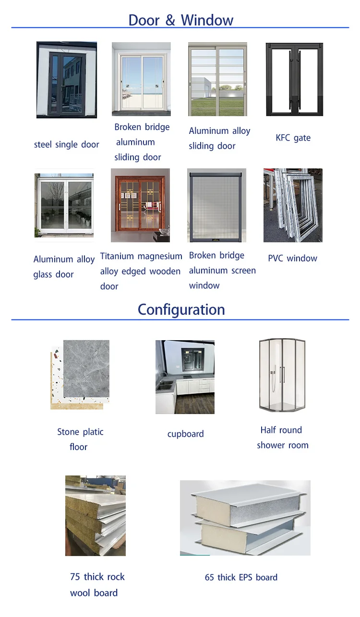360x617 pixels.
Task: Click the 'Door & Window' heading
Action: click(180, 20)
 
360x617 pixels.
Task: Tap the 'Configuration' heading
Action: click(181, 309)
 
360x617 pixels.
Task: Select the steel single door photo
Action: click(67, 80)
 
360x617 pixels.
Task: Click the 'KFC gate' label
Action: click(293, 138)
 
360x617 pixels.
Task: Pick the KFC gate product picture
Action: click(294, 80)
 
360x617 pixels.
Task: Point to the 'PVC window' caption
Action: click(292, 258)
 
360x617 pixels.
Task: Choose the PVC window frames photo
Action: click(293, 205)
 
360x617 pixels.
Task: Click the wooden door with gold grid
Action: click(140, 205)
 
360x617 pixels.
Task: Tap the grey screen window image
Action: click(216, 205)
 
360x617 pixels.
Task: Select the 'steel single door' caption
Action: click(66, 144)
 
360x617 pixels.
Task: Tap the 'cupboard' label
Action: click(185, 434)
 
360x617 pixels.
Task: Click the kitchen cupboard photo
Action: click(185, 377)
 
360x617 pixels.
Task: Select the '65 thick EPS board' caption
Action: click(241, 577)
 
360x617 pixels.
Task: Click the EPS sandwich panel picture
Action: click(245, 518)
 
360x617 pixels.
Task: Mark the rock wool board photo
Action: click(96, 516)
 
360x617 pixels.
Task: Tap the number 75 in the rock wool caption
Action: click(75, 577)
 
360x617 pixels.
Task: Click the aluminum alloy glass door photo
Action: click(64, 205)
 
